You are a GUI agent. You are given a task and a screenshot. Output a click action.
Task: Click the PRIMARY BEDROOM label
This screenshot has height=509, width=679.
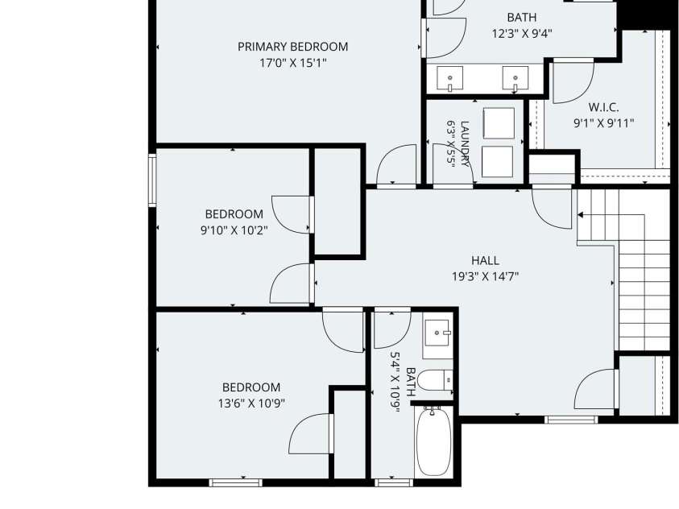[x=292, y=47]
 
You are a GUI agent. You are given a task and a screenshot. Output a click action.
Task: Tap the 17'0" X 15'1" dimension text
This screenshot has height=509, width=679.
[x=292, y=63]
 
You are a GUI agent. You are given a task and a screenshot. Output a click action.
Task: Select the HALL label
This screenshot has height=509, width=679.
[x=485, y=261]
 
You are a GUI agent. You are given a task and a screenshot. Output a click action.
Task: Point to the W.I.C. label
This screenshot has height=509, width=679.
[x=603, y=107]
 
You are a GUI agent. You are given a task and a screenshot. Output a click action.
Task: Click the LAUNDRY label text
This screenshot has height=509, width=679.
[x=465, y=143]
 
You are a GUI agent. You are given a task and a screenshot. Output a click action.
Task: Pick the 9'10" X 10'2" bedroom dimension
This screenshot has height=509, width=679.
[x=234, y=230]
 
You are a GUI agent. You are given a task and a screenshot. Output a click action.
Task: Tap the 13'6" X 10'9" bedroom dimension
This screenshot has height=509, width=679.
[x=251, y=403]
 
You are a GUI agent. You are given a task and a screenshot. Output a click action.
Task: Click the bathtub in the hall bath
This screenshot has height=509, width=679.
[x=433, y=441]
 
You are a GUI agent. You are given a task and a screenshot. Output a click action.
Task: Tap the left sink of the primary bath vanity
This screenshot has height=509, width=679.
[x=450, y=78]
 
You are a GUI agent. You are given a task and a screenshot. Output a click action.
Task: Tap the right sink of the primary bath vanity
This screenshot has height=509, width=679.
[x=515, y=78]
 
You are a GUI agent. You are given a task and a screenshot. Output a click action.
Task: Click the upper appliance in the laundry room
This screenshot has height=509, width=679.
[x=499, y=123]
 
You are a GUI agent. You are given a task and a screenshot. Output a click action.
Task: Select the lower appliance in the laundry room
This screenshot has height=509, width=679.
[x=497, y=161]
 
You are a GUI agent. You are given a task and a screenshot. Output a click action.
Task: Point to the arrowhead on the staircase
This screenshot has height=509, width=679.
[x=580, y=215]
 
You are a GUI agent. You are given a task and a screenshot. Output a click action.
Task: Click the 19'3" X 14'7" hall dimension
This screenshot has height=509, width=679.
[x=485, y=276]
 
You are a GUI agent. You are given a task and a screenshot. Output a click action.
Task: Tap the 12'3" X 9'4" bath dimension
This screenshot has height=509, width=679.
[x=522, y=34]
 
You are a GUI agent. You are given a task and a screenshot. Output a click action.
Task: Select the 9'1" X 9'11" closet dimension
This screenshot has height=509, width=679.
[x=603, y=123]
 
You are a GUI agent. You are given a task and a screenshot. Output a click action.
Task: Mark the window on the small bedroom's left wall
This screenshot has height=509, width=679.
[x=152, y=179]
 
